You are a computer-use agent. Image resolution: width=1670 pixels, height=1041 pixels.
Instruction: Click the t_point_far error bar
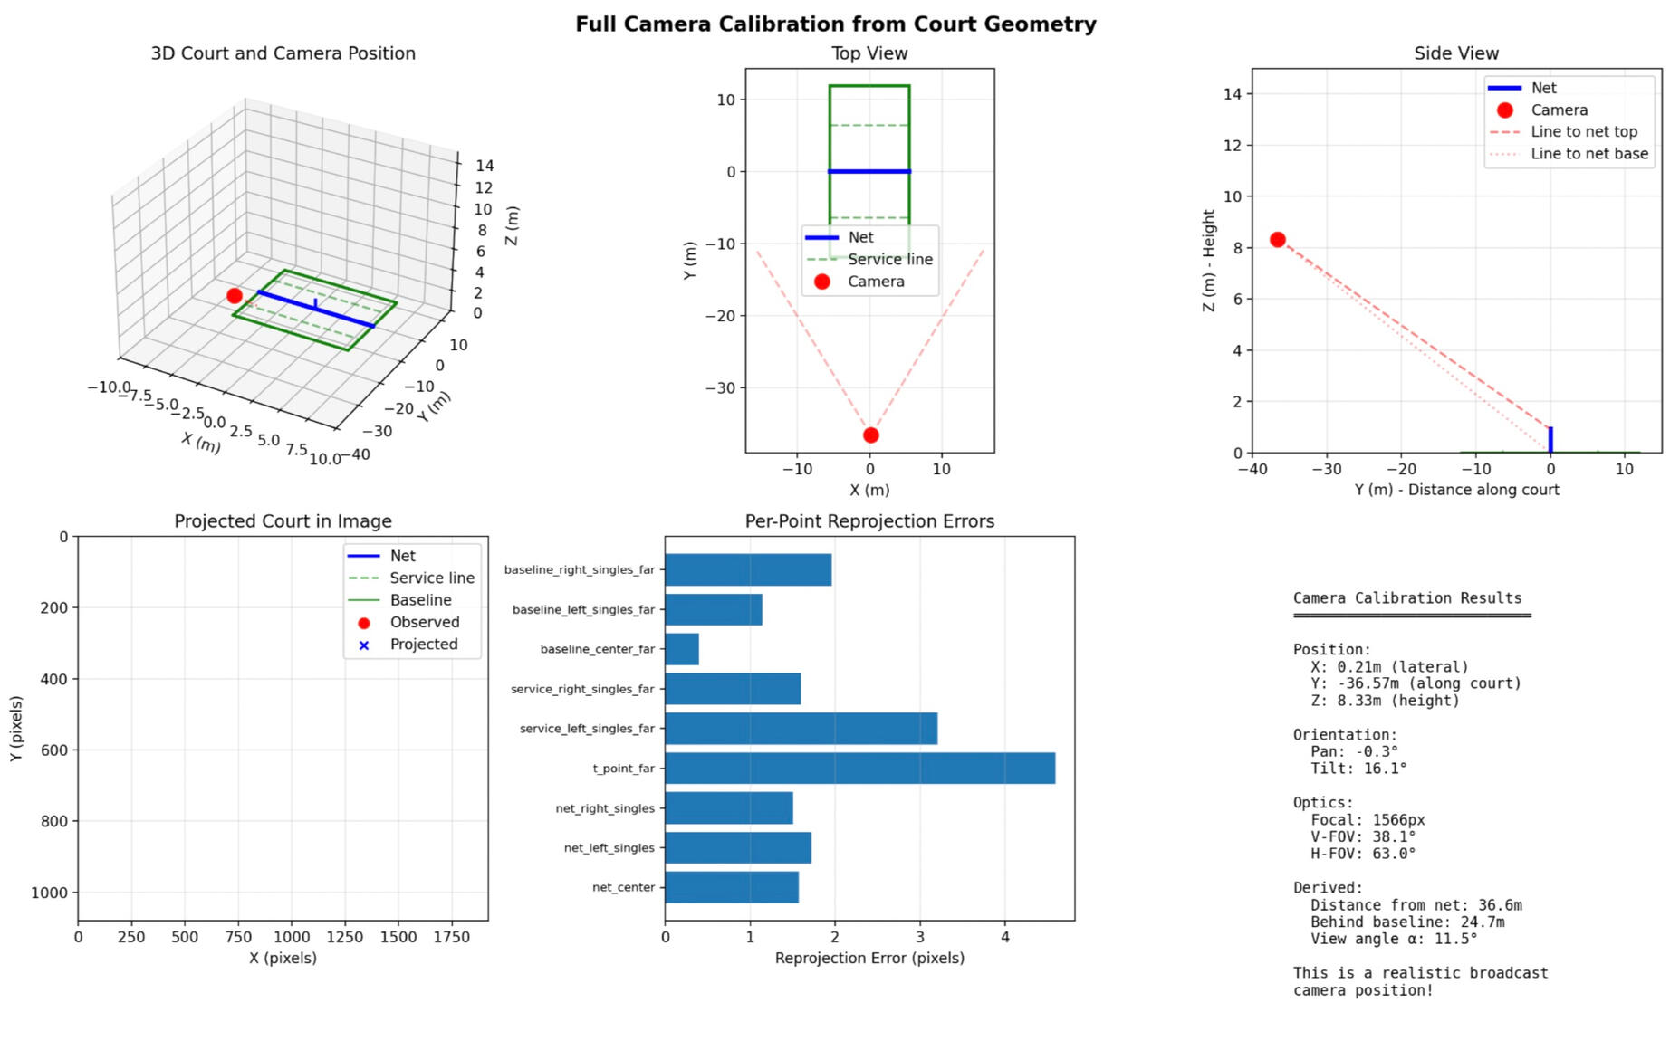(859, 768)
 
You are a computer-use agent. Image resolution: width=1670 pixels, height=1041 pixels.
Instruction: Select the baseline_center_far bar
(682, 649)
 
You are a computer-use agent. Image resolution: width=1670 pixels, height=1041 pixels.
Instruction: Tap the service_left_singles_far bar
(801, 728)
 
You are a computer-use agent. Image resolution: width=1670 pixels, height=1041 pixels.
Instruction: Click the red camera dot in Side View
(1277, 240)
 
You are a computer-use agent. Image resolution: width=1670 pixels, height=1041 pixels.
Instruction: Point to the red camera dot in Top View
(870, 435)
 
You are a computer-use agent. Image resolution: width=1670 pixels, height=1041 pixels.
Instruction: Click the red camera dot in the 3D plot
(235, 296)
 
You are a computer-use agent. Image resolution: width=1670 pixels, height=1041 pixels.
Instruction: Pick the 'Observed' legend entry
(424, 622)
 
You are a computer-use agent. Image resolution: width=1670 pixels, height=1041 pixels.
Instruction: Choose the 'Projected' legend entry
(423, 645)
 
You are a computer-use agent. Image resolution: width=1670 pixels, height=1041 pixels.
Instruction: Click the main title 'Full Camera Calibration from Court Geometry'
(835, 24)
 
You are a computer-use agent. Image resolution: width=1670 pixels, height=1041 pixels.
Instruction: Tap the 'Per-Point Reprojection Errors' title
(869, 521)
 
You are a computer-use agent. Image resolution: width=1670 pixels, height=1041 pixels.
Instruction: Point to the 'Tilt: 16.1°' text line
(1358, 769)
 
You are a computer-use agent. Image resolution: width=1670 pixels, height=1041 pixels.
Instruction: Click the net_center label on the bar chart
(623, 887)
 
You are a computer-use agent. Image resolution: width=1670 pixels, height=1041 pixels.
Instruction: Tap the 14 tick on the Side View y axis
(1233, 94)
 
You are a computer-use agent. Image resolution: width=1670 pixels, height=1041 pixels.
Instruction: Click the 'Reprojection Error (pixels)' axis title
(869, 958)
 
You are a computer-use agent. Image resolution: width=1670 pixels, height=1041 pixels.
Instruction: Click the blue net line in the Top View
(869, 171)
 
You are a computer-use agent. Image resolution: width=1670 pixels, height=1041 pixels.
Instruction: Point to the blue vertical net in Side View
(1550, 440)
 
